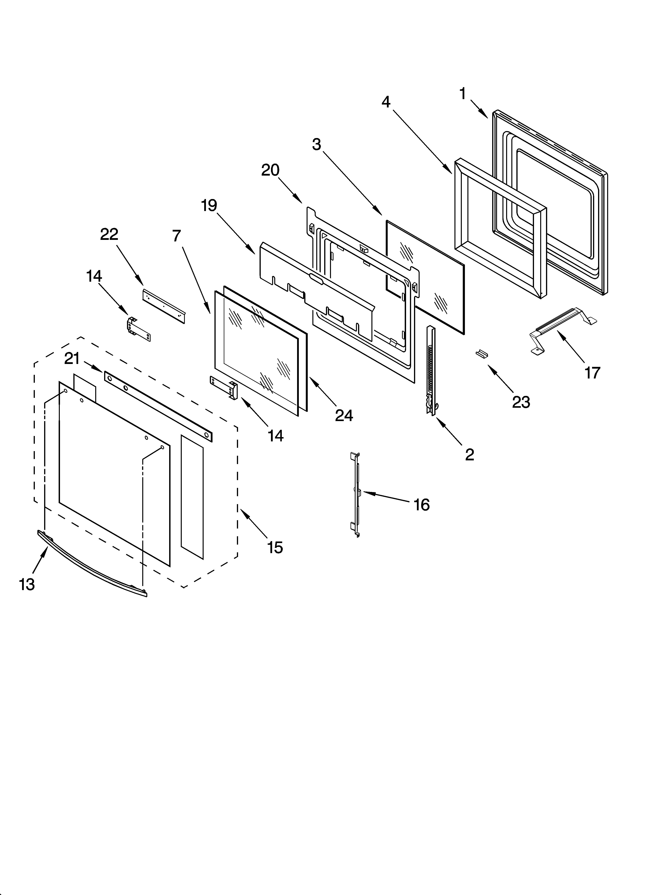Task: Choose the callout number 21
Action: coord(72,359)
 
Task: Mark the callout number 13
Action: coord(27,584)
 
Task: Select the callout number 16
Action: coord(422,505)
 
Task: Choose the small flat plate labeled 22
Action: coord(163,306)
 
